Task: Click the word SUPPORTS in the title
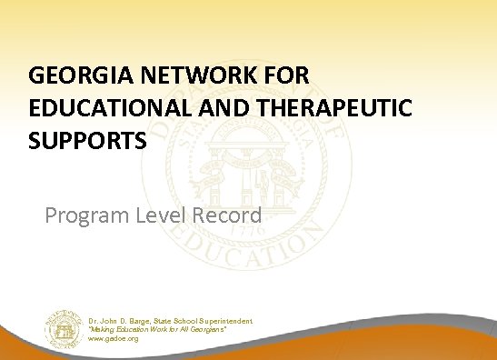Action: point(77,142)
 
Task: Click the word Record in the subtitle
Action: point(228,215)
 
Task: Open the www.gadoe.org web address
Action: point(114,338)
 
